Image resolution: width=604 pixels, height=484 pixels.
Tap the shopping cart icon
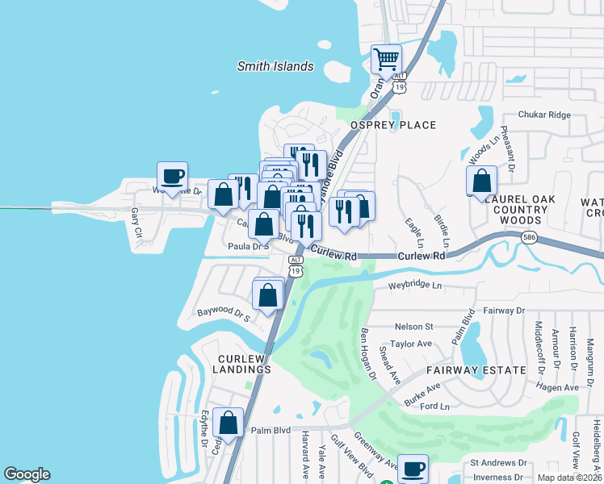[x=386, y=59]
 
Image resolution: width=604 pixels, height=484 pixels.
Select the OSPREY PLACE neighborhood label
[x=392, y=125]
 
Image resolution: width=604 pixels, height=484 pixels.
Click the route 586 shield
[x=550, y=239]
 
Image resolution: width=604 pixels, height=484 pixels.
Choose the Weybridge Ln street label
[x=415, y=286]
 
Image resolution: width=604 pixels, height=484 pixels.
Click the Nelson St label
[x=413, y=327]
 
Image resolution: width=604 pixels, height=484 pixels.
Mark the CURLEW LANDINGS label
[x=242, y=364]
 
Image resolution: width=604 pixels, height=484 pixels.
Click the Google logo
[x=27, y=474]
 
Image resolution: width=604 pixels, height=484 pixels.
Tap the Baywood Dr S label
[x=224, y=311]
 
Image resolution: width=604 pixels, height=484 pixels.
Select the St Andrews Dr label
[x=498, y=463]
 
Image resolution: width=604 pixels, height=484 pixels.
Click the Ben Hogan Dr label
[x=368, y=354]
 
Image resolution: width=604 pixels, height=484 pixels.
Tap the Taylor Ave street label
[x=411, y=344]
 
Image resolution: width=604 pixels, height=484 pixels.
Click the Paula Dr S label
[x=248, y=247]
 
